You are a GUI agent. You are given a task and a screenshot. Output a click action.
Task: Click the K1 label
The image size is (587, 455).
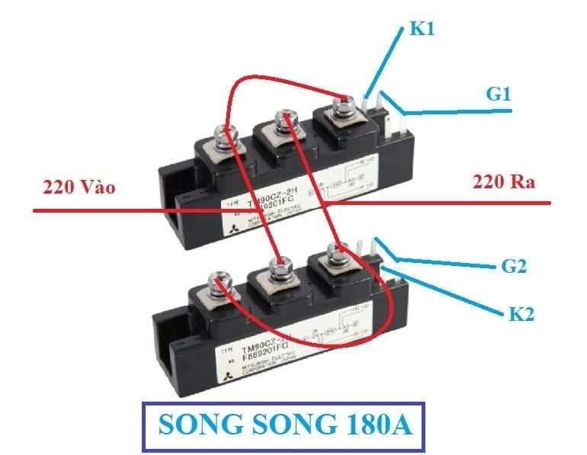423,30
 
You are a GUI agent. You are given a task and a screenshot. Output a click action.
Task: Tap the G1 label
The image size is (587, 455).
499,95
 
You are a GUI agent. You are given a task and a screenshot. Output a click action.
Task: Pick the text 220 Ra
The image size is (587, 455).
504,182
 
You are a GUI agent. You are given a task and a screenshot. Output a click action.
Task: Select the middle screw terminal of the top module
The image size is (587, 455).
284,120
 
